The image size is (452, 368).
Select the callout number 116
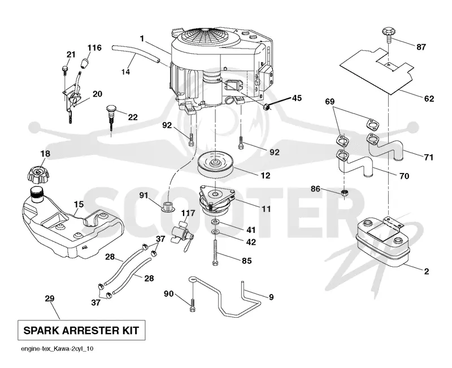point(94,47)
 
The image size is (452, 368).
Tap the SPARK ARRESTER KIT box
point(81,330)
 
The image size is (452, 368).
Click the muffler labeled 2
point(383,242)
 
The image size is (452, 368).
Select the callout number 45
point(297,98)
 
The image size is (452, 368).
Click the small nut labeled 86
point(345,193)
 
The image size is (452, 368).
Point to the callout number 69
point(330,102)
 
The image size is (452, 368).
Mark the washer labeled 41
point(215,222)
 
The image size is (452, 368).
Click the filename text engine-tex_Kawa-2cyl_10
point(57,349)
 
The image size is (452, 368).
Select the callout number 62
point(429,98)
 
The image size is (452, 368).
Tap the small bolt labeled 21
point(64,70)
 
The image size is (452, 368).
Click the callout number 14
point(125,71)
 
